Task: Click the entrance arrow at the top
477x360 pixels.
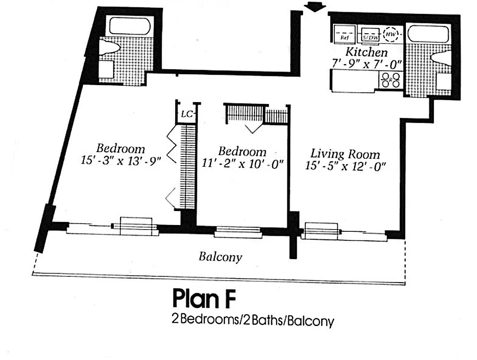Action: click(x=314, y=6)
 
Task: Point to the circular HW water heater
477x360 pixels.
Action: click(x=391, y=35)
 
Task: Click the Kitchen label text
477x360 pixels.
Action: click(x=366, y=52)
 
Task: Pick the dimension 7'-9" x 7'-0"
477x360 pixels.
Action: click(x=366, y=64)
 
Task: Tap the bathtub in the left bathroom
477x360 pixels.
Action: click(x=129, y=26)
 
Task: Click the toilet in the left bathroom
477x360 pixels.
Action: click(x=109, y=48)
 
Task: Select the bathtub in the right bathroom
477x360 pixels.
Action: click(x=428, y=34)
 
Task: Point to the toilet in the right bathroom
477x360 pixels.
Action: click(x=441, y=57)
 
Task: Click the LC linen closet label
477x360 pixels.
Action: click(x=186, y=114)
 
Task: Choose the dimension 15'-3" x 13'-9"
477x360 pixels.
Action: click(x=121, y=160)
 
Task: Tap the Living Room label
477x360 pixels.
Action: click(x=345, y=154)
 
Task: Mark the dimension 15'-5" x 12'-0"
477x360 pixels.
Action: click(x=345, y=166)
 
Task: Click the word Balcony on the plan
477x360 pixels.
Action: click(x=220, y=257)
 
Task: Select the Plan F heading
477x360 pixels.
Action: click(x=204, y=299)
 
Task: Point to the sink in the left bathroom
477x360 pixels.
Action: click(x=106, y=69)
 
